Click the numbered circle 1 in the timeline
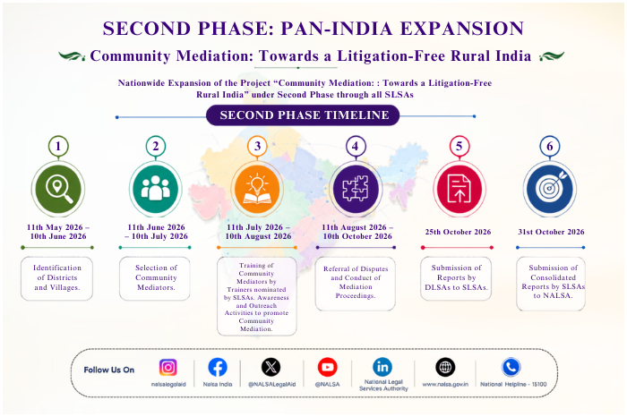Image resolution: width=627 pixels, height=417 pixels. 58,146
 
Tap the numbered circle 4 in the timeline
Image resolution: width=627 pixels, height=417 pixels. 355,146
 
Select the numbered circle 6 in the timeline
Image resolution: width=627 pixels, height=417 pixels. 550,146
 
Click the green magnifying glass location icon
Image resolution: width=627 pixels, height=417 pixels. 58,189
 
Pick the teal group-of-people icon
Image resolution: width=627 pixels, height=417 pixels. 156,189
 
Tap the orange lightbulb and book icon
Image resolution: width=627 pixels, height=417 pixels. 257,189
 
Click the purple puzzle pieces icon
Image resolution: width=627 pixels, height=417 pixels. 356,189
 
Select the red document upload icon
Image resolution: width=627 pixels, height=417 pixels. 459,189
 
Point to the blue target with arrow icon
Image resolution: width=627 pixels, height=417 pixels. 550,189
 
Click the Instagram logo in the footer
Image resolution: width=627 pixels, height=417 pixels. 168,367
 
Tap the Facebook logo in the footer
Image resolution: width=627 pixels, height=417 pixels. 218,367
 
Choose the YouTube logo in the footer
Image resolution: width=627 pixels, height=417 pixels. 328,367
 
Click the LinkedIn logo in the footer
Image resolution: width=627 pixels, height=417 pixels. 382,367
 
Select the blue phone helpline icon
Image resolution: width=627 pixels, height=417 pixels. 511,367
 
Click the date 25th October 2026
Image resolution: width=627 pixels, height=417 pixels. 458,232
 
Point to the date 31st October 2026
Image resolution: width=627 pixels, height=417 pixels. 551,232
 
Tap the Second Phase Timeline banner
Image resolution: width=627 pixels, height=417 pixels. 303,115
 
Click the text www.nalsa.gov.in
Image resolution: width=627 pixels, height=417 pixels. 445,384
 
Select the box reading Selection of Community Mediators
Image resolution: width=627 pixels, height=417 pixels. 155,278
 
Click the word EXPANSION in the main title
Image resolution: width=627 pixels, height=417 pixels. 462,29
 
